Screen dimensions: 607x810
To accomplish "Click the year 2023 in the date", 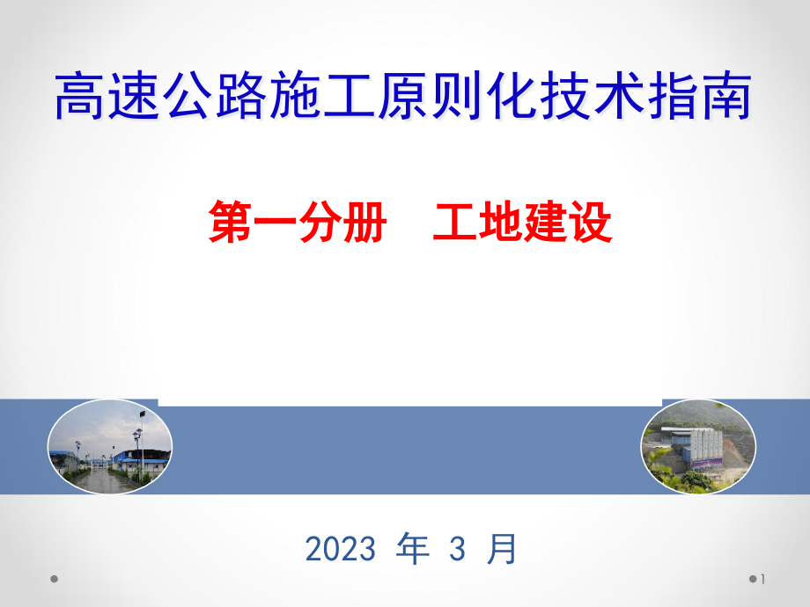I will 340,550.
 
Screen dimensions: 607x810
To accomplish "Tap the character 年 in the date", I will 413,549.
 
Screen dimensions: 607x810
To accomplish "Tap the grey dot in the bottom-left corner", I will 54,579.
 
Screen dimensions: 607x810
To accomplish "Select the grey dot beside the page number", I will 754,579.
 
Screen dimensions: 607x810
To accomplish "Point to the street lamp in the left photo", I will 138,444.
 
